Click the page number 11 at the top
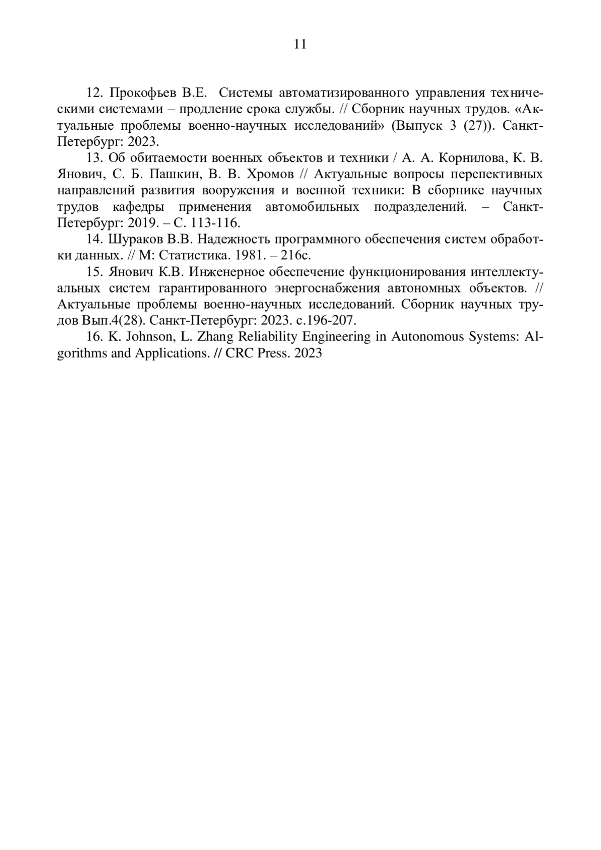(x=300, y=45)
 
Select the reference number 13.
(x=94, y=158)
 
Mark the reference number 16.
(x=94, y=337)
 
